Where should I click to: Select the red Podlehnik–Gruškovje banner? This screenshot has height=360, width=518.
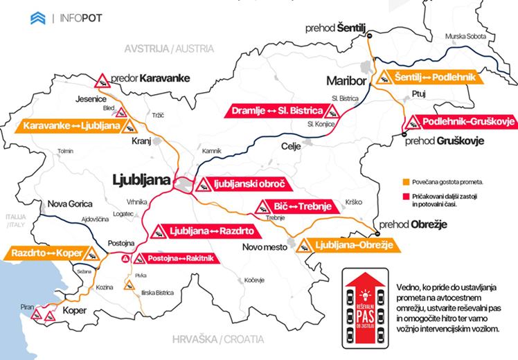click(x=458, y=122)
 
